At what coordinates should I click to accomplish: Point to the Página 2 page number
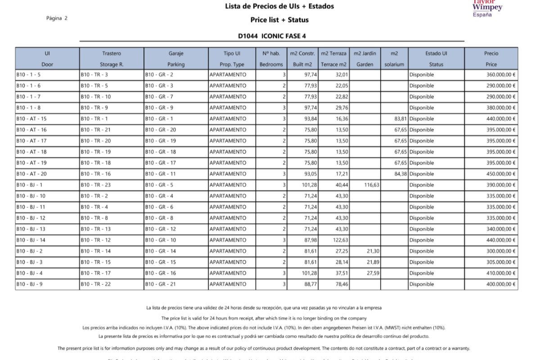(x=57, y=18)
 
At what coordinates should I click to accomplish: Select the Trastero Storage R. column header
(x=112, y=58)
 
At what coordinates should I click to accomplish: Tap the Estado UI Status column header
(x=436, y=58)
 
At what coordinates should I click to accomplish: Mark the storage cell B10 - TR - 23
(x=95, y=185)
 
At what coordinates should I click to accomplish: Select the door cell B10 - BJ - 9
(x=30, y=284)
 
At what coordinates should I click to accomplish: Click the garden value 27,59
(x=372, y=273)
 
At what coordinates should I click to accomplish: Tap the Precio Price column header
(x=491, y=58)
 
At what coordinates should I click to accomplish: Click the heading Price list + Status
(x=279, y=20)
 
